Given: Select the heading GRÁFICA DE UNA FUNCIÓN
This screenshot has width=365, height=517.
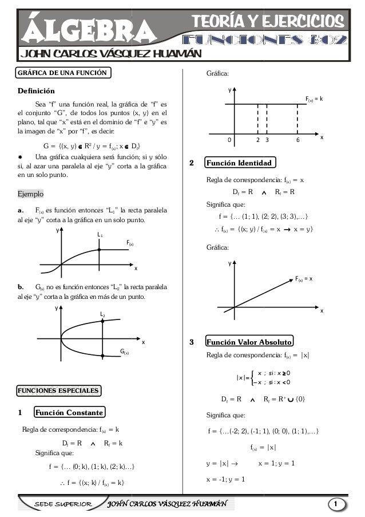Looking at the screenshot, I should (61, 73).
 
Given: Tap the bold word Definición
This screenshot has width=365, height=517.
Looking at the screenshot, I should (36, 91).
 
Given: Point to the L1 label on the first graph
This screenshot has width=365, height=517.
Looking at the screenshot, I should (100, 235).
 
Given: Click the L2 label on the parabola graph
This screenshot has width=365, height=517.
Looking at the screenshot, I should (102, 314).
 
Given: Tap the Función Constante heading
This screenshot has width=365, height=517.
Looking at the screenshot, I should (69, 412).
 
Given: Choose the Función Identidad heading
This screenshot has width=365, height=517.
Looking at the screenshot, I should (239, 164).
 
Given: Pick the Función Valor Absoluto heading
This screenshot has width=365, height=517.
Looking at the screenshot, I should (249, 342).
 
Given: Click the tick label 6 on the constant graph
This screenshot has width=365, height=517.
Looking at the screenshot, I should (297, 140).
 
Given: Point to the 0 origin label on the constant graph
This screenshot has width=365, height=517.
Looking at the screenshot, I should (229, 140).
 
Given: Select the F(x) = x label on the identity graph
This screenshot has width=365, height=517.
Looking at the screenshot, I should (307, 279).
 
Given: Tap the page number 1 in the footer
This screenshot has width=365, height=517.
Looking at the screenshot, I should (338, 503).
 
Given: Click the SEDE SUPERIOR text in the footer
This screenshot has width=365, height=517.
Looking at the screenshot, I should (64, 504).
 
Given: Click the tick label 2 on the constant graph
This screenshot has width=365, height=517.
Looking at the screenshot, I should (258, 140).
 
